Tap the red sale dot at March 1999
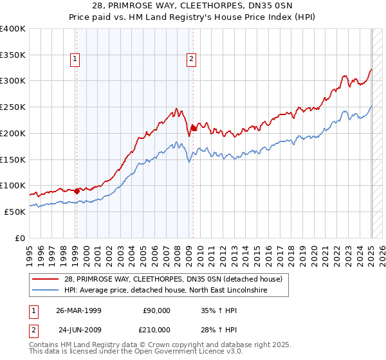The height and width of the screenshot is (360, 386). click(77, 190)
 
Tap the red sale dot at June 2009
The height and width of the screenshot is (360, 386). click(193, 128)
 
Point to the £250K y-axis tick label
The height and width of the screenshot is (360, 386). click(13, 107)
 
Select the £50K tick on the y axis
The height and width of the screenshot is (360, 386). click(15, 212)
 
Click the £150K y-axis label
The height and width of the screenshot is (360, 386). click(13, 159)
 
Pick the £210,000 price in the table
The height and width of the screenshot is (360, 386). click(156, 329)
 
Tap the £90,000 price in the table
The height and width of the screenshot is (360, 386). click(157, 310)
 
